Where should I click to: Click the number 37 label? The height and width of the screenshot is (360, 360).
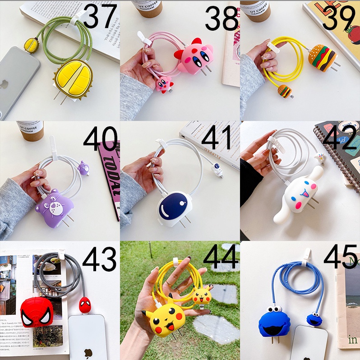pos(100,18)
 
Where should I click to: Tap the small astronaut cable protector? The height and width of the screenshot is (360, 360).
pos(217,171)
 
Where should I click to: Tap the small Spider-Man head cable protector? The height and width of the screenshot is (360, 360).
pos(85,305)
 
